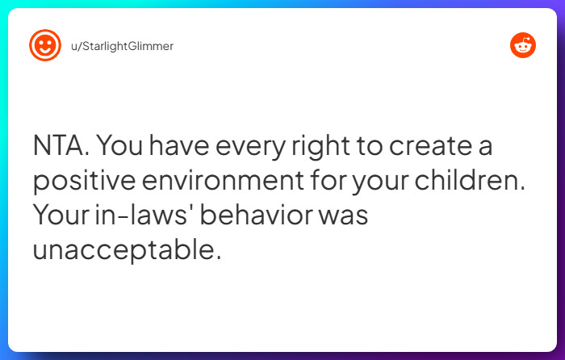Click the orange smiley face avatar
click(45, 46)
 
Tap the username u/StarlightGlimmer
click(122, 46)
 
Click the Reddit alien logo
click(523, 46)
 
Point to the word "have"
click(183, 148)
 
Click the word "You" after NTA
click(125, 148)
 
